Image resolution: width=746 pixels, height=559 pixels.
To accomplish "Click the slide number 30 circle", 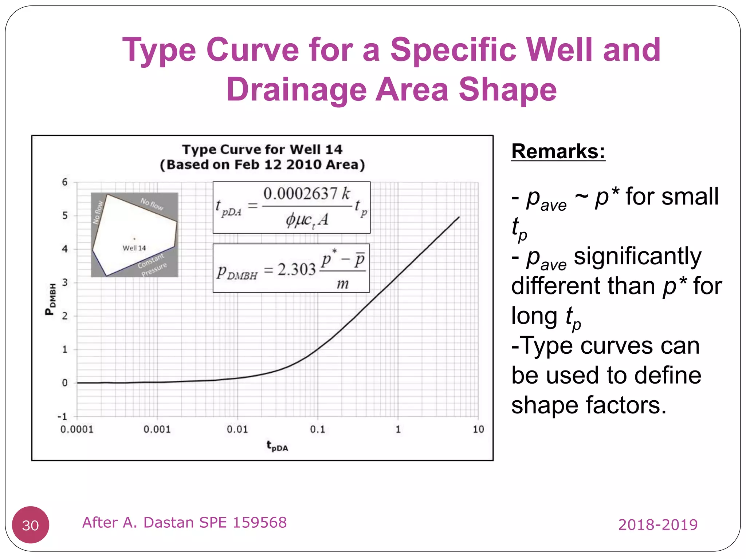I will pos(30,525).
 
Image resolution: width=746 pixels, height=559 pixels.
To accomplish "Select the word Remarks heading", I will pos(558,151).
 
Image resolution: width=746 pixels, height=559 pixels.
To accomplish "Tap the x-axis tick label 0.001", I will pos(157,429).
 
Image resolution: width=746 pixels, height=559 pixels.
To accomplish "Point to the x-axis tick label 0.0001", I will pos(77,429).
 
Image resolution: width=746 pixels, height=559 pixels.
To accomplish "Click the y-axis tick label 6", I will pos(65,182).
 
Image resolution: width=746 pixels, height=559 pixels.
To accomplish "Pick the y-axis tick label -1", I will pos(63,416).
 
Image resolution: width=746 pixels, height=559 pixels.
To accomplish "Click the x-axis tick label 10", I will pos(478,429).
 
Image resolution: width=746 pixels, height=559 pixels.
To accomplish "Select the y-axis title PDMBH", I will pos(51,299).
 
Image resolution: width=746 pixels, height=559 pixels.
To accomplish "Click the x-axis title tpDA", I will pos(277,446).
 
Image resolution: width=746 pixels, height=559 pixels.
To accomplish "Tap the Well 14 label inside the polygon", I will pos(134,248).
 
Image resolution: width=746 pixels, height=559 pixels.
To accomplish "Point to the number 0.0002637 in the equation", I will pos(301,194).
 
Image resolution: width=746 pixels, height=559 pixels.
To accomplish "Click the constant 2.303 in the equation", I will pos(297,270).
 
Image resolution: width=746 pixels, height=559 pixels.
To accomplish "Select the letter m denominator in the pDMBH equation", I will pos(342,284).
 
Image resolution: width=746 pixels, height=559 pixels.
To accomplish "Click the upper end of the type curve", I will pos(459,217).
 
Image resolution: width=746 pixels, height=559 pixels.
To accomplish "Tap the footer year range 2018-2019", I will pos(658,525).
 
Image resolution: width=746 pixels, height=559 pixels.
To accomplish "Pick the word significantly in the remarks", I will pos(637,256).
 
